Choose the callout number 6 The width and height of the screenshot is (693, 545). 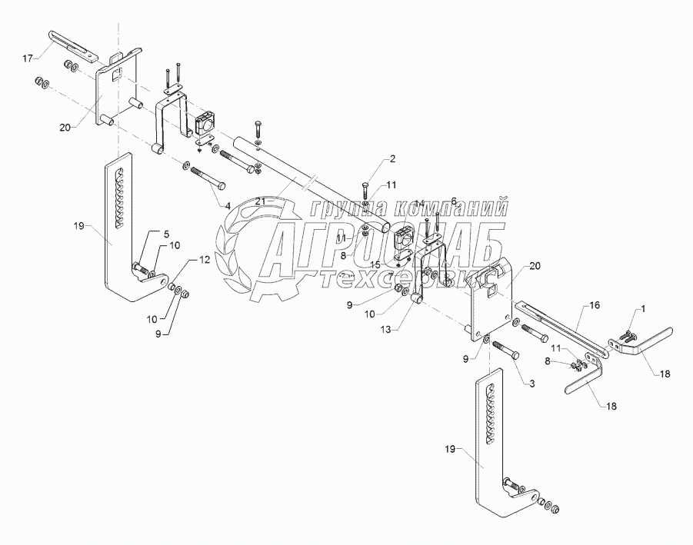454,201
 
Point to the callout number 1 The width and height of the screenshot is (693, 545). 644,308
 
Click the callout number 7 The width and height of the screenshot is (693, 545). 390,274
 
